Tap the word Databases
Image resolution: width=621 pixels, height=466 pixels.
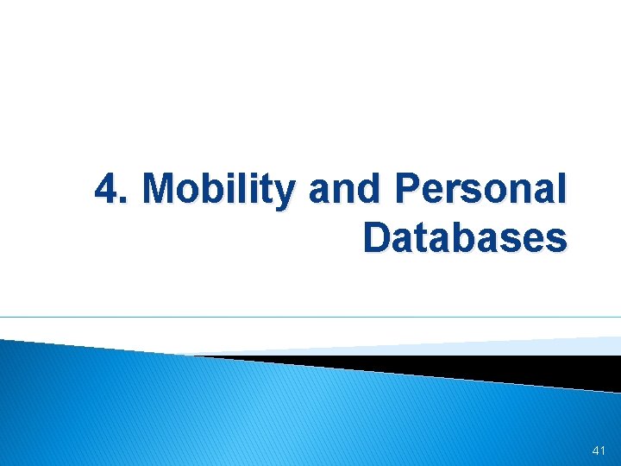click(x=465, y=237)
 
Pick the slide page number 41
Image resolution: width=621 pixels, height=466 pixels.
click(x=600, y=451)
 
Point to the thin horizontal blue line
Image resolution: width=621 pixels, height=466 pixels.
click(x=310, y=317)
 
